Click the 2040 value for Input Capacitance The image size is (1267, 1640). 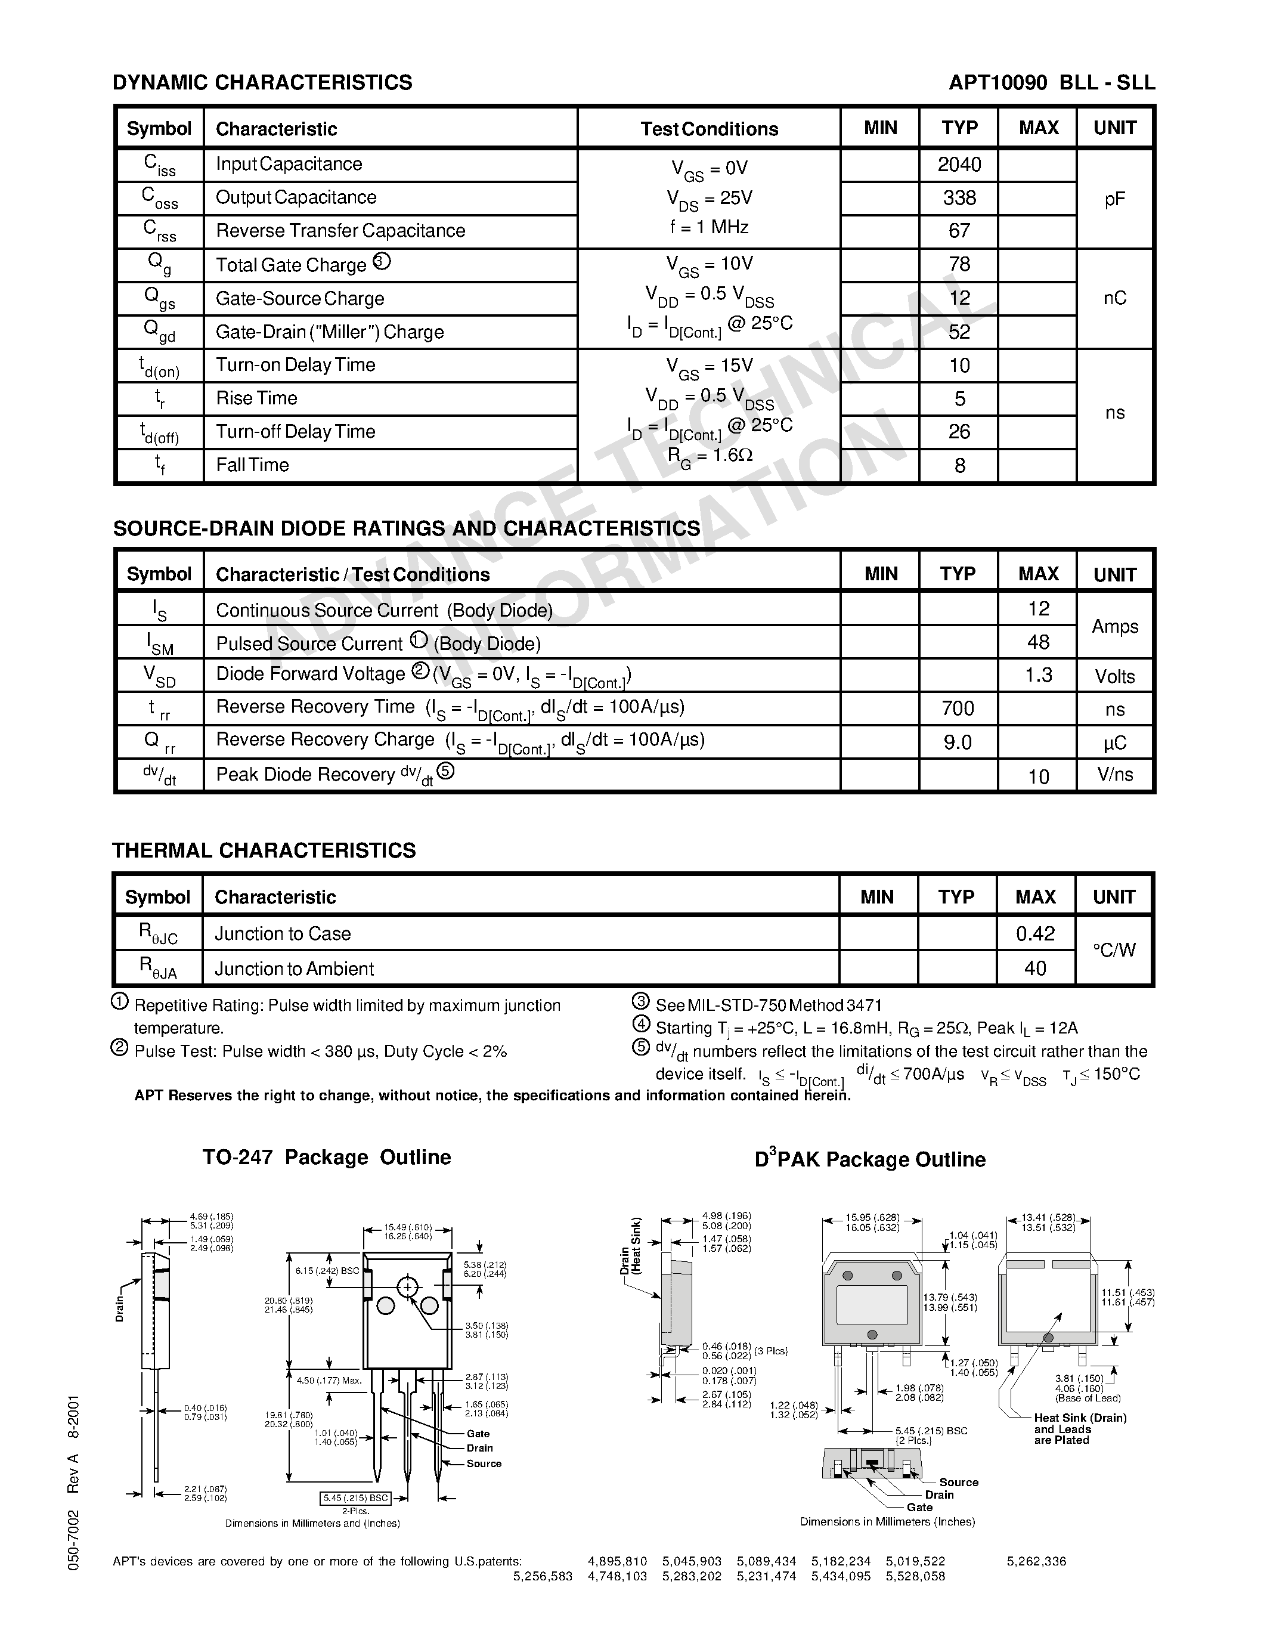pyautogui.click(x=959, y=165)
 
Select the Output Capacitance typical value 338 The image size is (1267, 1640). pyautogui.click(x=959, y=197)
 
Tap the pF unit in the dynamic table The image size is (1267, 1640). pyautogui.click(x=1114, y=199)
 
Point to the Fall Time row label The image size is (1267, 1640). pyautogui.click(x=252, y=465)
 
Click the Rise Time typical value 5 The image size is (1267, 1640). pyautogui.click(x=959, y=399)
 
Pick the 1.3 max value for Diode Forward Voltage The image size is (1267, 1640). pyautogui.click(x=1038, y=675)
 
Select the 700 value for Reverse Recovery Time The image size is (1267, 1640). pyautogui.click(x=958, y=708)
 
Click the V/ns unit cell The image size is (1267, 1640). pyautogui.click(x=1114, y=774)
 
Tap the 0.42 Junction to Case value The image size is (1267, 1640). pyautogui.click(x=1035, y=933)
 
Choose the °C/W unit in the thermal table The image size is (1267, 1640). pyautogui.click(x=1114, y=950)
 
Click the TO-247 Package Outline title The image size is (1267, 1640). pyautogui.click(x=327, y=1157)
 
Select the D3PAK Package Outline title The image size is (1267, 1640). pyautogui.click(x=869, y=1159)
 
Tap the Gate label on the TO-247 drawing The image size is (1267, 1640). pyautogui.click(x=478, y=1434)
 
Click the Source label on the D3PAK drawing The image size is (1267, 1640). pyautogui.click(x=959, y=1483)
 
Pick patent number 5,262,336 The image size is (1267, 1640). pyautogui.click(x=1036, y=1561)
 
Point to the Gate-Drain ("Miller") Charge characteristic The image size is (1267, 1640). pyautogui.click(x=330, y=332)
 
